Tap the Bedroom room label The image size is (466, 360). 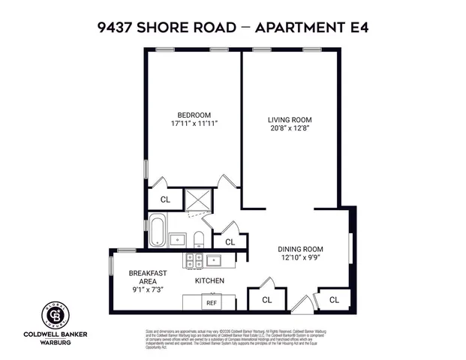pyautogui.click(x=194, y=115)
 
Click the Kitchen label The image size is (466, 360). pyautogui.click(x=209, y=280)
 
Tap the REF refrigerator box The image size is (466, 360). pyautogui.click(x=212, y=303)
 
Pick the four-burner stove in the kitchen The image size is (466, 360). pyautogui.click(x=194, y=261)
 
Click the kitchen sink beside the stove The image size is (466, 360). pyautogui.click(x=213, y=261)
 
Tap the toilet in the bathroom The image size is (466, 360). pyautogui.click(x=198, y=240)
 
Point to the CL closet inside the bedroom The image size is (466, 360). pyautogui.click(x=165, y=200)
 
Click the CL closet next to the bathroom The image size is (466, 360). pyautogui.click(x=230, y=241)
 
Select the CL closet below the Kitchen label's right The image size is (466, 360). pyautogui.click(x=266, y=300)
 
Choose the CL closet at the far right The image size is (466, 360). pyautogui.click(x=334, y=299)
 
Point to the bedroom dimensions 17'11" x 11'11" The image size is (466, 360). pyautogui.click(x=194, y=124)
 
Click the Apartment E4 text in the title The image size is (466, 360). pyautogui.click(x=314, y=29)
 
